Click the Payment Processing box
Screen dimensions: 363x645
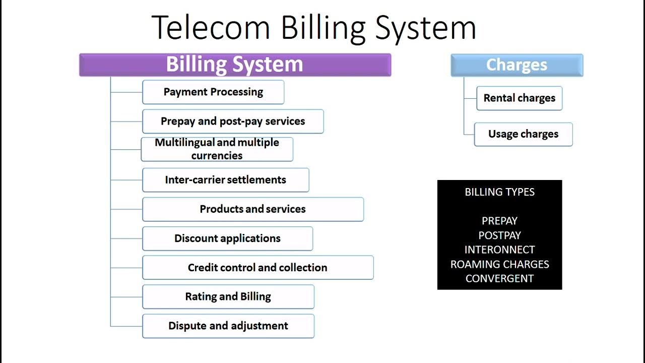(x=213, y=92)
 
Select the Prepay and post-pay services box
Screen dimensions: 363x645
(x=233, y=122)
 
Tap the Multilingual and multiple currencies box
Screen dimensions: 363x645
(x=217, y=149)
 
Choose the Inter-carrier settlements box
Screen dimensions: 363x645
(x=225, y=180)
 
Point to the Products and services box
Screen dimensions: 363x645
(x=252, y=209)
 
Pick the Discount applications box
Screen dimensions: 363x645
(x=227, y=238)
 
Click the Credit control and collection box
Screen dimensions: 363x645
(x=257, y=268)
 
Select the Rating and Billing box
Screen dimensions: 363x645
(x=228, y=297)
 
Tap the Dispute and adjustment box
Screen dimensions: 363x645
(x=228, y=326)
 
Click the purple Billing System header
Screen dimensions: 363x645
(x=235, y=65)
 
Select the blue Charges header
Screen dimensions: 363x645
(x=517, y=65)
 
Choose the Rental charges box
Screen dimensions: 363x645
(x=519, y=98)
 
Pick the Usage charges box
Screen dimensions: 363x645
(x=523, y=134)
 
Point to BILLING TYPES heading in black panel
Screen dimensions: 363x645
(x=499, y=192)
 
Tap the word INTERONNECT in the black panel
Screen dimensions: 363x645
(x=499, y=250)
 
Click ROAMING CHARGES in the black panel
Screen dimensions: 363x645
(x=499, y=264)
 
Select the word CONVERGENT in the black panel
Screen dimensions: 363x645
(x=499, y=278)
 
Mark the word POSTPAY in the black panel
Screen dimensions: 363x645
(x=499, y=235)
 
